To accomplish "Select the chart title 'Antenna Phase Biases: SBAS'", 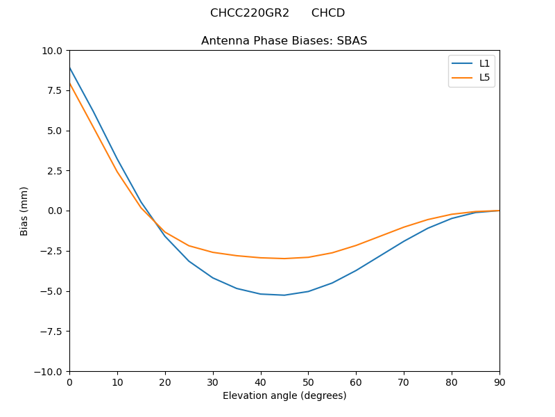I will click(x=284, y=41).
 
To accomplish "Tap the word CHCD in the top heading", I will click(x=328, y=13).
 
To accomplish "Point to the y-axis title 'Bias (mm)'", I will click(x=24, y=211).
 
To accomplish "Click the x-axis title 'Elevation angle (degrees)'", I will click(x=284, y=396).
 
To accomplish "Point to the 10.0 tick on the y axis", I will click(x=52, y=51).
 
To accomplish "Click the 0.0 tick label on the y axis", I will click(x=55, y=211).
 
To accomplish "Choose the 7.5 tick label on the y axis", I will click(x=55, y=90).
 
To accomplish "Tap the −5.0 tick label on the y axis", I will click(x=51, y=291).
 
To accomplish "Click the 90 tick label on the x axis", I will click(x=499, y=382).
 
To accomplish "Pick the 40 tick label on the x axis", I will click(x=261, y=382).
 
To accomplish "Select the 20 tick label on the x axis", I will click(x=165, y=382).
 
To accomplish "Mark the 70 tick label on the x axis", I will click(x=404, y=382).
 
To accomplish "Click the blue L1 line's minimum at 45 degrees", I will click(x=284, y=295).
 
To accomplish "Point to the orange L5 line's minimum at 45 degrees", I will click(x=284, y=259).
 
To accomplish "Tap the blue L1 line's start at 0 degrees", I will click(x=70, y=68).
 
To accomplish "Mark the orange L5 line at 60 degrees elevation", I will click(x=356, y=245).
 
